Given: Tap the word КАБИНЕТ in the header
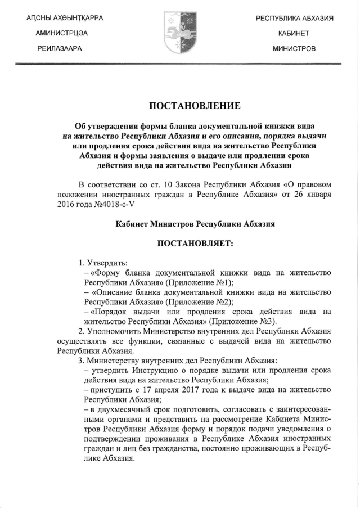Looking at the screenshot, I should click(294, 34).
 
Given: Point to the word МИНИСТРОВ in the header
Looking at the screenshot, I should click(294, 49).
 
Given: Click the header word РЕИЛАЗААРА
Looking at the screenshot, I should click(60, 49).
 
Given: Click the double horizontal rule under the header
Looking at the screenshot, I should click(180, 65).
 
